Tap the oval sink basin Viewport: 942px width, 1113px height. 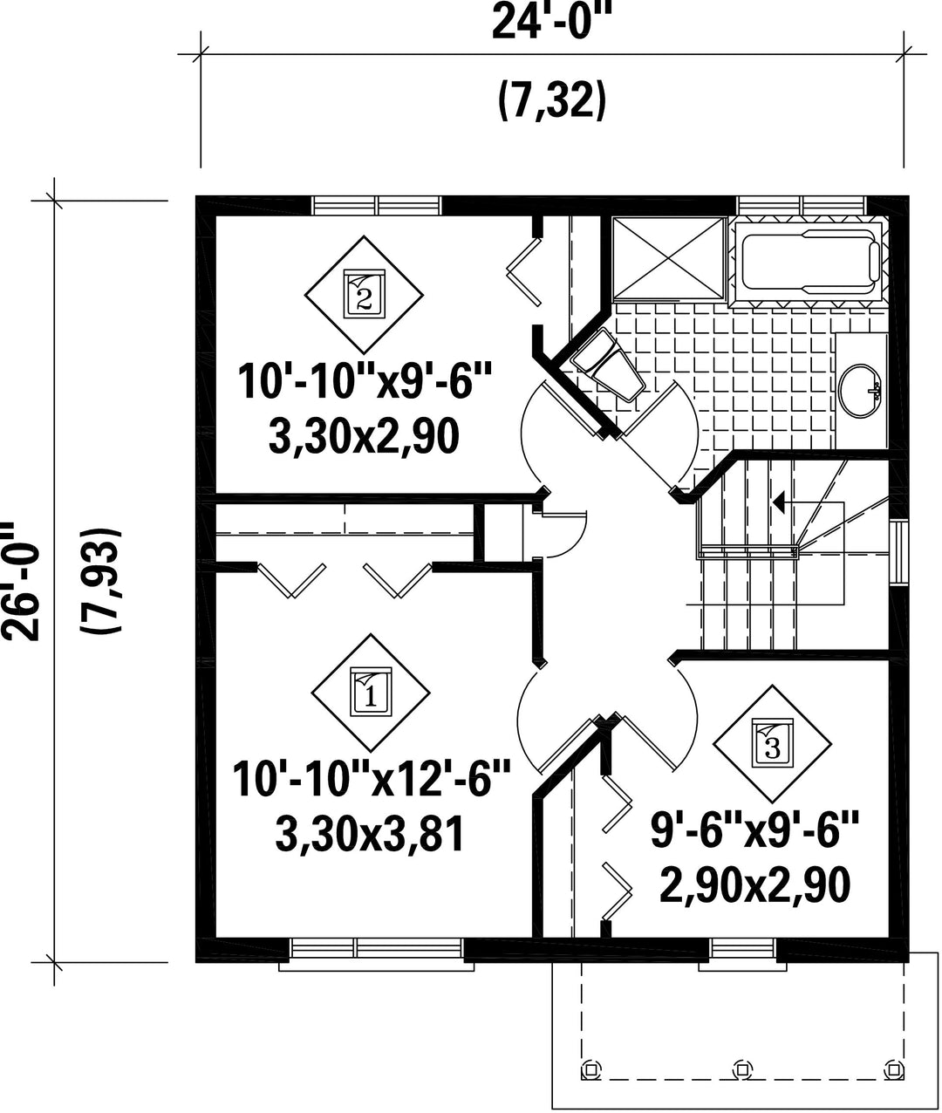point(861,391)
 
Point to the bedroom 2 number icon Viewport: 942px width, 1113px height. point(364,295)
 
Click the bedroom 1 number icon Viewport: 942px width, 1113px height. point(371,693)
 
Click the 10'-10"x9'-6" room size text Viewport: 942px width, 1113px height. point(365,382)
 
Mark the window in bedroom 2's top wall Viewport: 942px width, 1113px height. point(377,206)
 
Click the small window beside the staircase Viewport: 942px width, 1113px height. point(899,552)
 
